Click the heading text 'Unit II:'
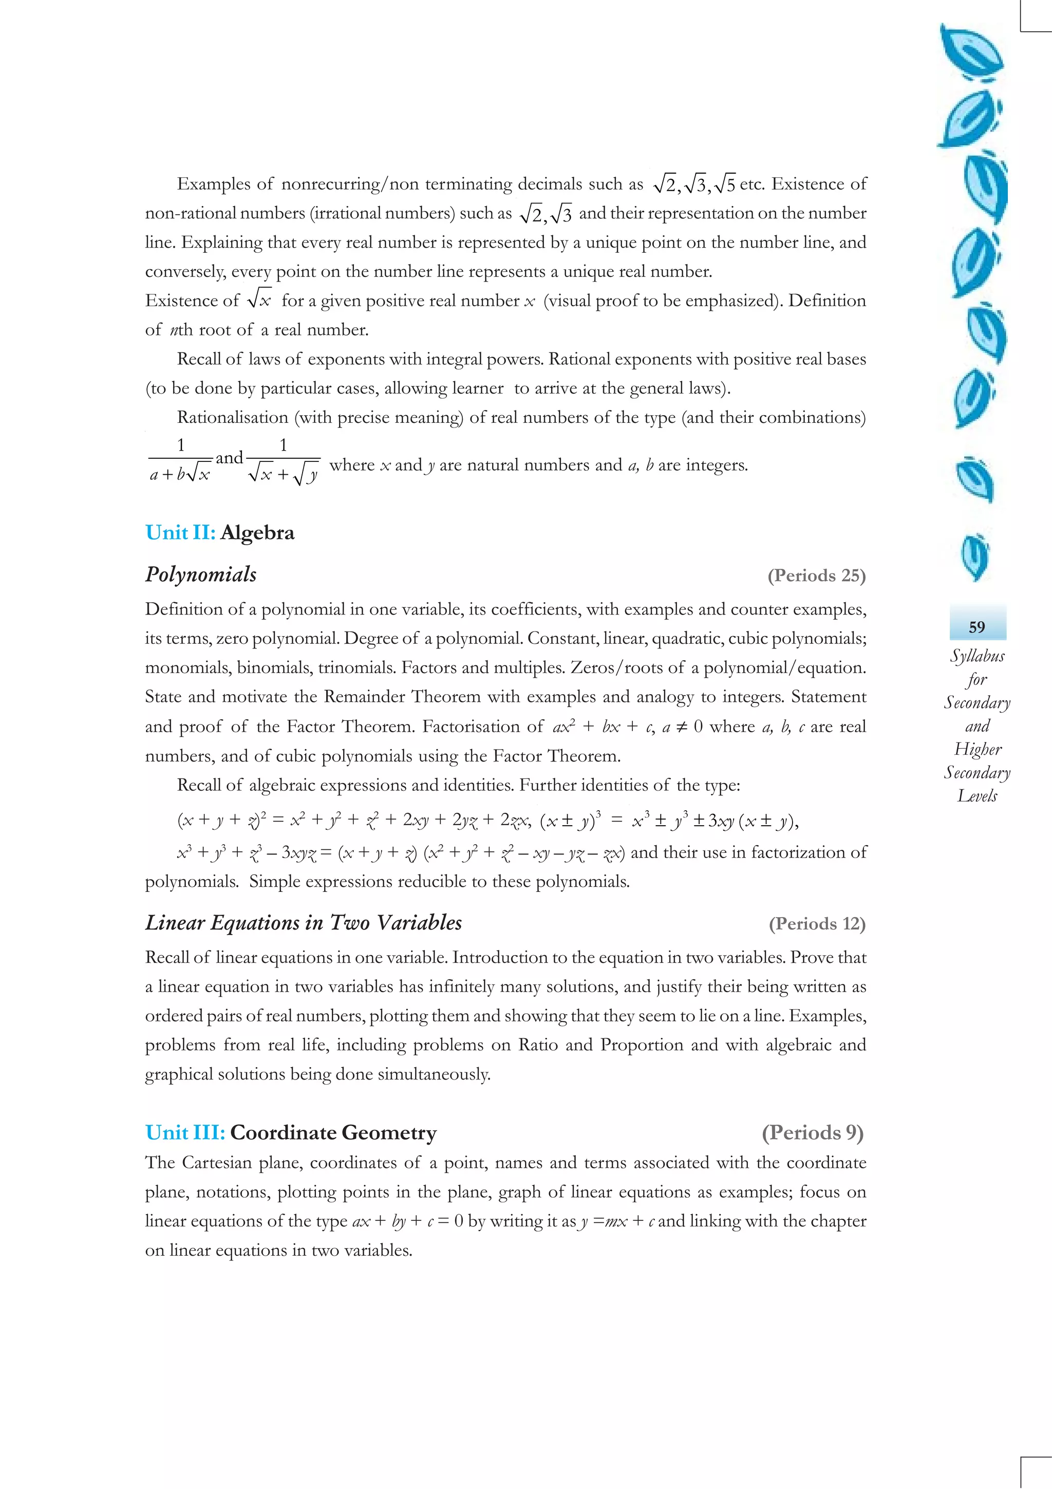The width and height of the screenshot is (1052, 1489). point(180,532)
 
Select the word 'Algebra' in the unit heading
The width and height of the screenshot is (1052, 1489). point(257,532)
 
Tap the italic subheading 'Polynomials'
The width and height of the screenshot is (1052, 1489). point(201,574)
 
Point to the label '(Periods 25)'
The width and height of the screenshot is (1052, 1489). point(816,575)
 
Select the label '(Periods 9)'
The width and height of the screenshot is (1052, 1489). point(812,1132)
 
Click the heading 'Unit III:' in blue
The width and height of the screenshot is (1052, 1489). point(185,1132)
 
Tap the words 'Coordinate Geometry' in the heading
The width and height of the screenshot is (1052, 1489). point(333,1132)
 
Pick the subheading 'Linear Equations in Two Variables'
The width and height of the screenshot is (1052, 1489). point(304,923)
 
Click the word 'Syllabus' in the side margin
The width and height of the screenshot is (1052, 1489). point(977,656)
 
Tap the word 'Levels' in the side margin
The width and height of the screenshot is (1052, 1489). point(977,796)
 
